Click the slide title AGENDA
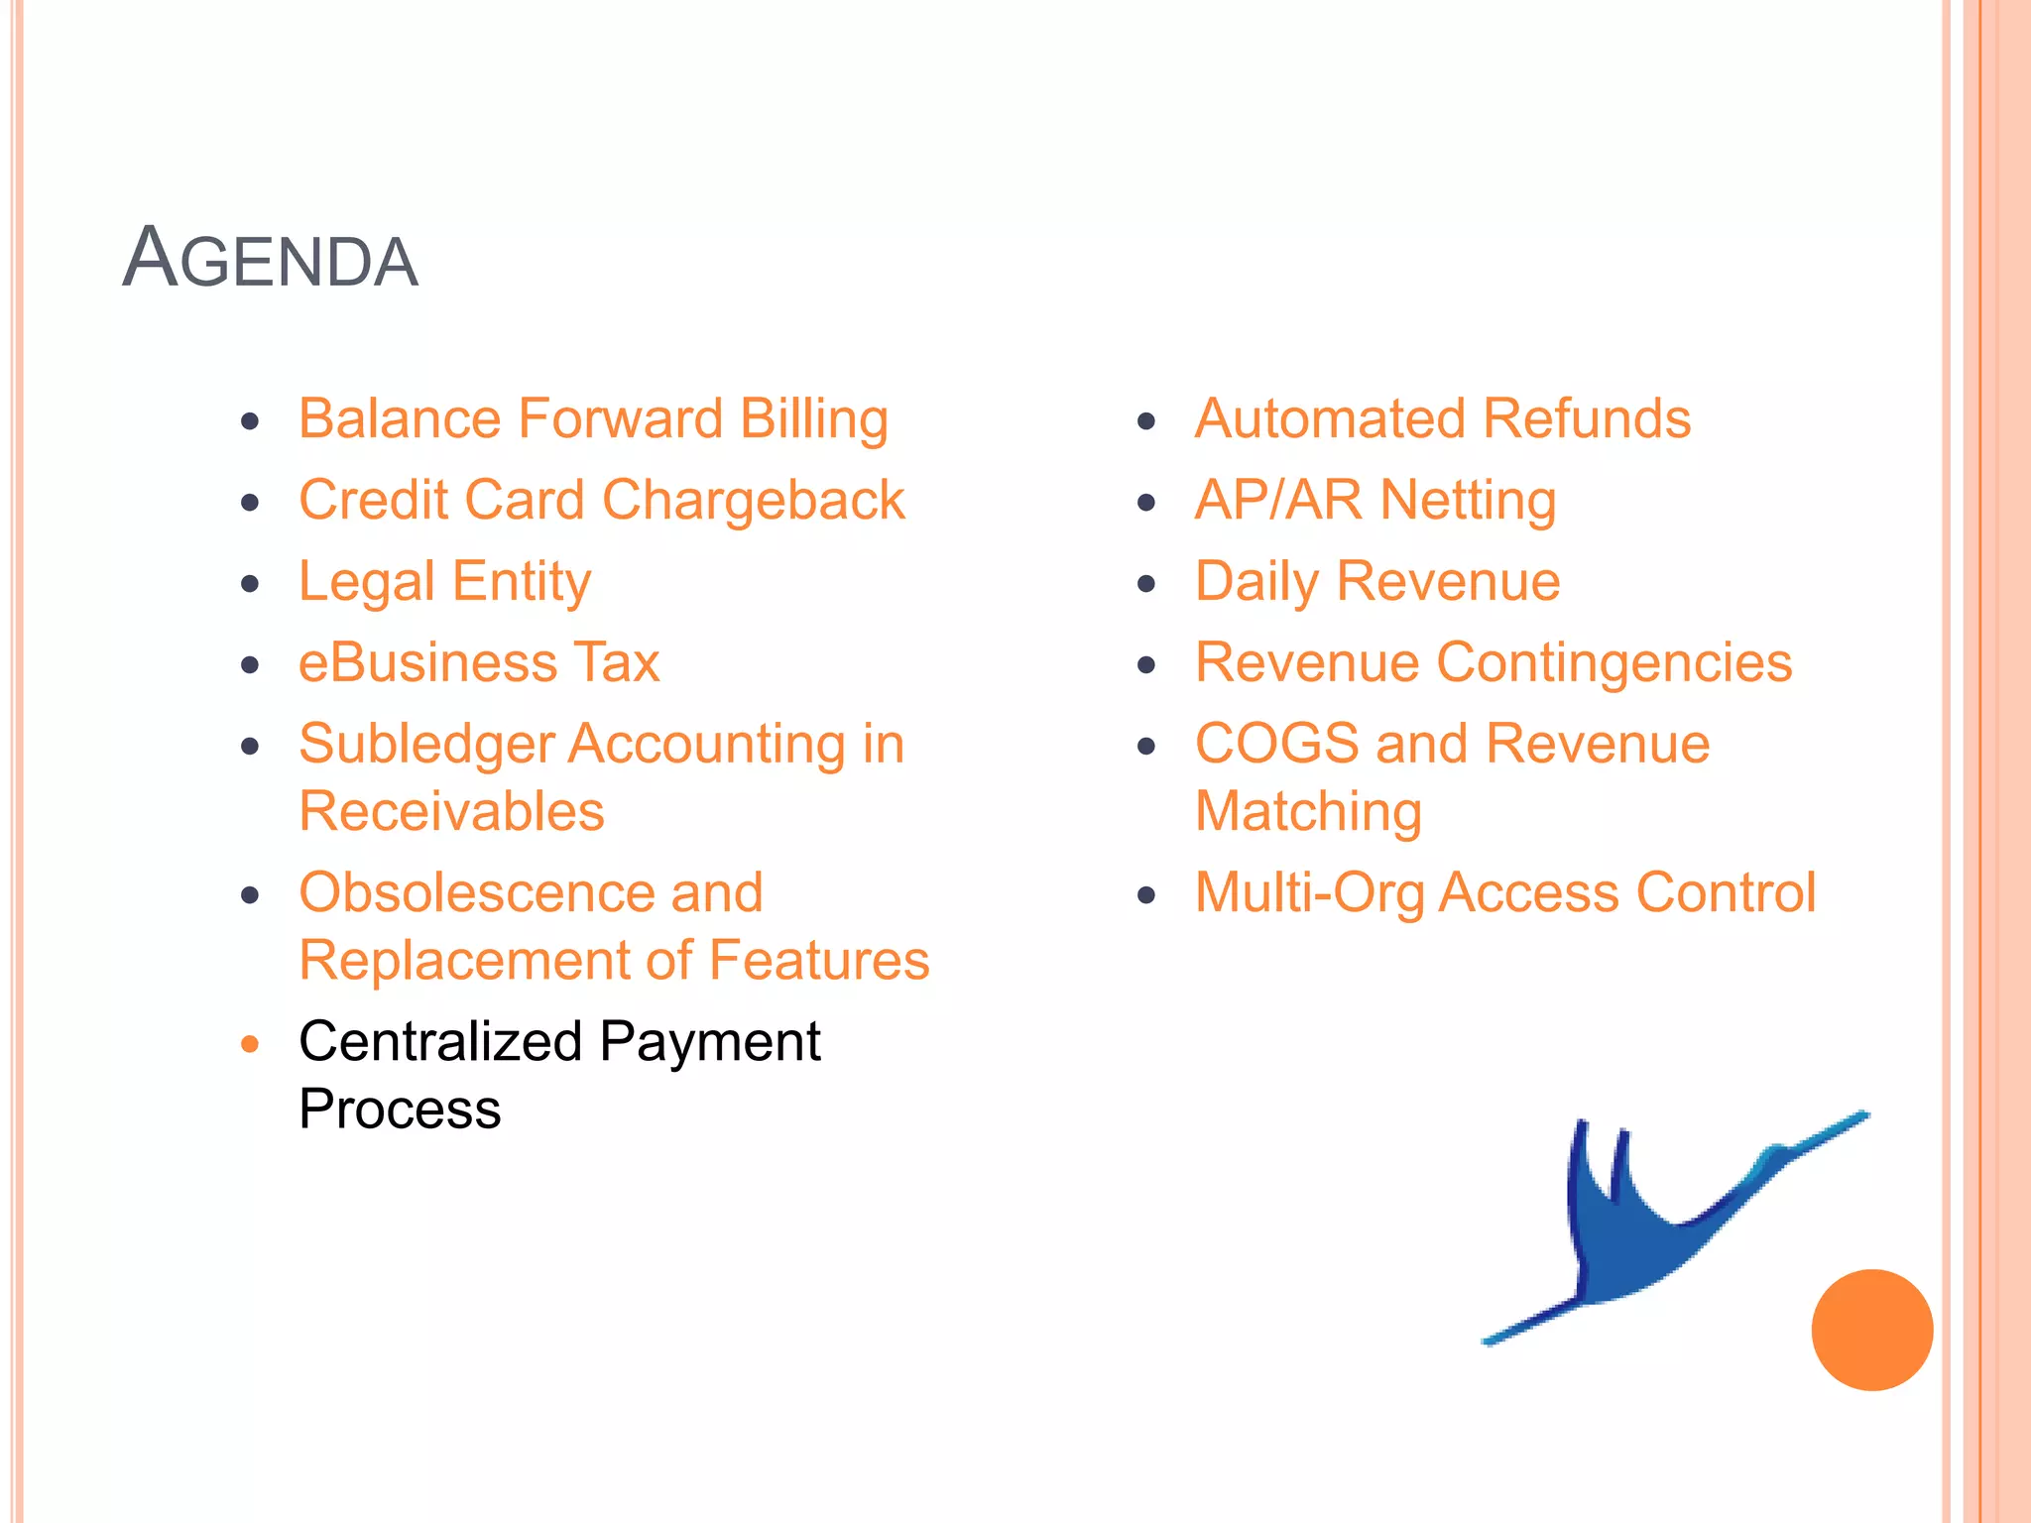[270, 260]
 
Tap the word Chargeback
[753, 501]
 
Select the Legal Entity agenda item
[444, 582]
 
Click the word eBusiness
[427, 663]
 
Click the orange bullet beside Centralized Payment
[250, 1043]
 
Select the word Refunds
[1587, 419]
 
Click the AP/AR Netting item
[1374, 501]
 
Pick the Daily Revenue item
[1376, 582]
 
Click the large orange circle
[1871, 1330]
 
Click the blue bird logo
[1636, 1239]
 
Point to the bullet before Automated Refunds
[1146, 421]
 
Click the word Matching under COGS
[1308, 812]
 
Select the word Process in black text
[400, 1110]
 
